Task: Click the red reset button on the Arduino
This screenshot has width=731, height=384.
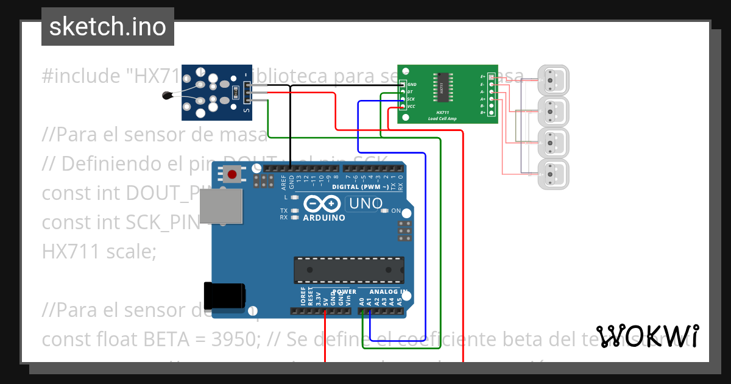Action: (x=231, y=175)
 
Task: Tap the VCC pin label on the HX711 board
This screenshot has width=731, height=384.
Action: (x=411, y=107)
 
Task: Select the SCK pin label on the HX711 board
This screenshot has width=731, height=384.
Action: (x=411, y=99)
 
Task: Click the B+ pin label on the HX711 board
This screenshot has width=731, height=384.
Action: (x=483, y=113)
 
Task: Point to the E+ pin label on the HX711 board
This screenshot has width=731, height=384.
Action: (x=483, y=77)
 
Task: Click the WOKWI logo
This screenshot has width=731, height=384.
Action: (x=647, y=336)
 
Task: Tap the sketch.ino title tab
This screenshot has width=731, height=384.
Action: (x=108, y=27)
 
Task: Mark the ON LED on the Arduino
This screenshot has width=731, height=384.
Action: (x=384, y=211)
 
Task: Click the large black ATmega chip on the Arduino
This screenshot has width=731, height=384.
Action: (x=349, y=270)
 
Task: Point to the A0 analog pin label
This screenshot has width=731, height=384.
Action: (x=362, y=300)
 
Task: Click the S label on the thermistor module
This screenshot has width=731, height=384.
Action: (x=246, y=110)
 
